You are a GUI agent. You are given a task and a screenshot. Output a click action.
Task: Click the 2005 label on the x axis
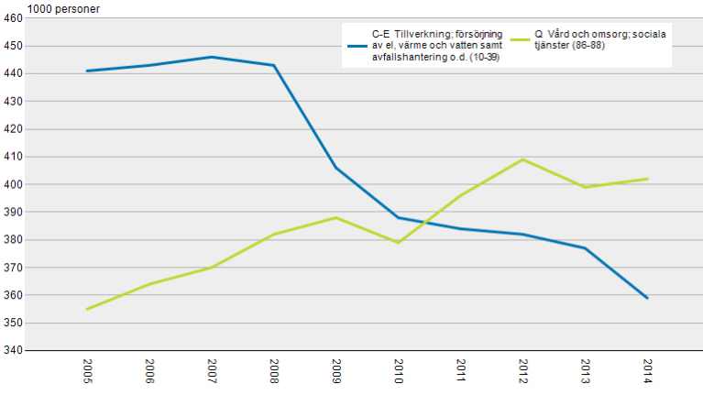coord(87,371)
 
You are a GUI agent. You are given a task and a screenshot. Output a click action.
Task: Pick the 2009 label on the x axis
coord(336,371)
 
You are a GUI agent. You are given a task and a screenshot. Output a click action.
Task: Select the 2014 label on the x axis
coord(648,371)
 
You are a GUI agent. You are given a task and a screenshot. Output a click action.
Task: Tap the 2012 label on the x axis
coord(523,371)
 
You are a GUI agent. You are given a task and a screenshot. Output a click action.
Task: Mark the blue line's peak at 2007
coord(212,57)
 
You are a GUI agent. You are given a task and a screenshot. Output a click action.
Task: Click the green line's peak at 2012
coord(523,159)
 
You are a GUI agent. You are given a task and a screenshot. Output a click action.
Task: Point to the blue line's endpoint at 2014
coord(648,298)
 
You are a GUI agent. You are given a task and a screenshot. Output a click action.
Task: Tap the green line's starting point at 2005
coord(87,309)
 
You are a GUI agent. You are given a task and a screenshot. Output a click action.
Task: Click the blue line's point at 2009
coord(336,168)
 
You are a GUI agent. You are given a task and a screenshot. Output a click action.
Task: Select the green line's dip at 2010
coord(399,243)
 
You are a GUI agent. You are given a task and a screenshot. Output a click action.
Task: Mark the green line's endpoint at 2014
coord(648,179)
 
